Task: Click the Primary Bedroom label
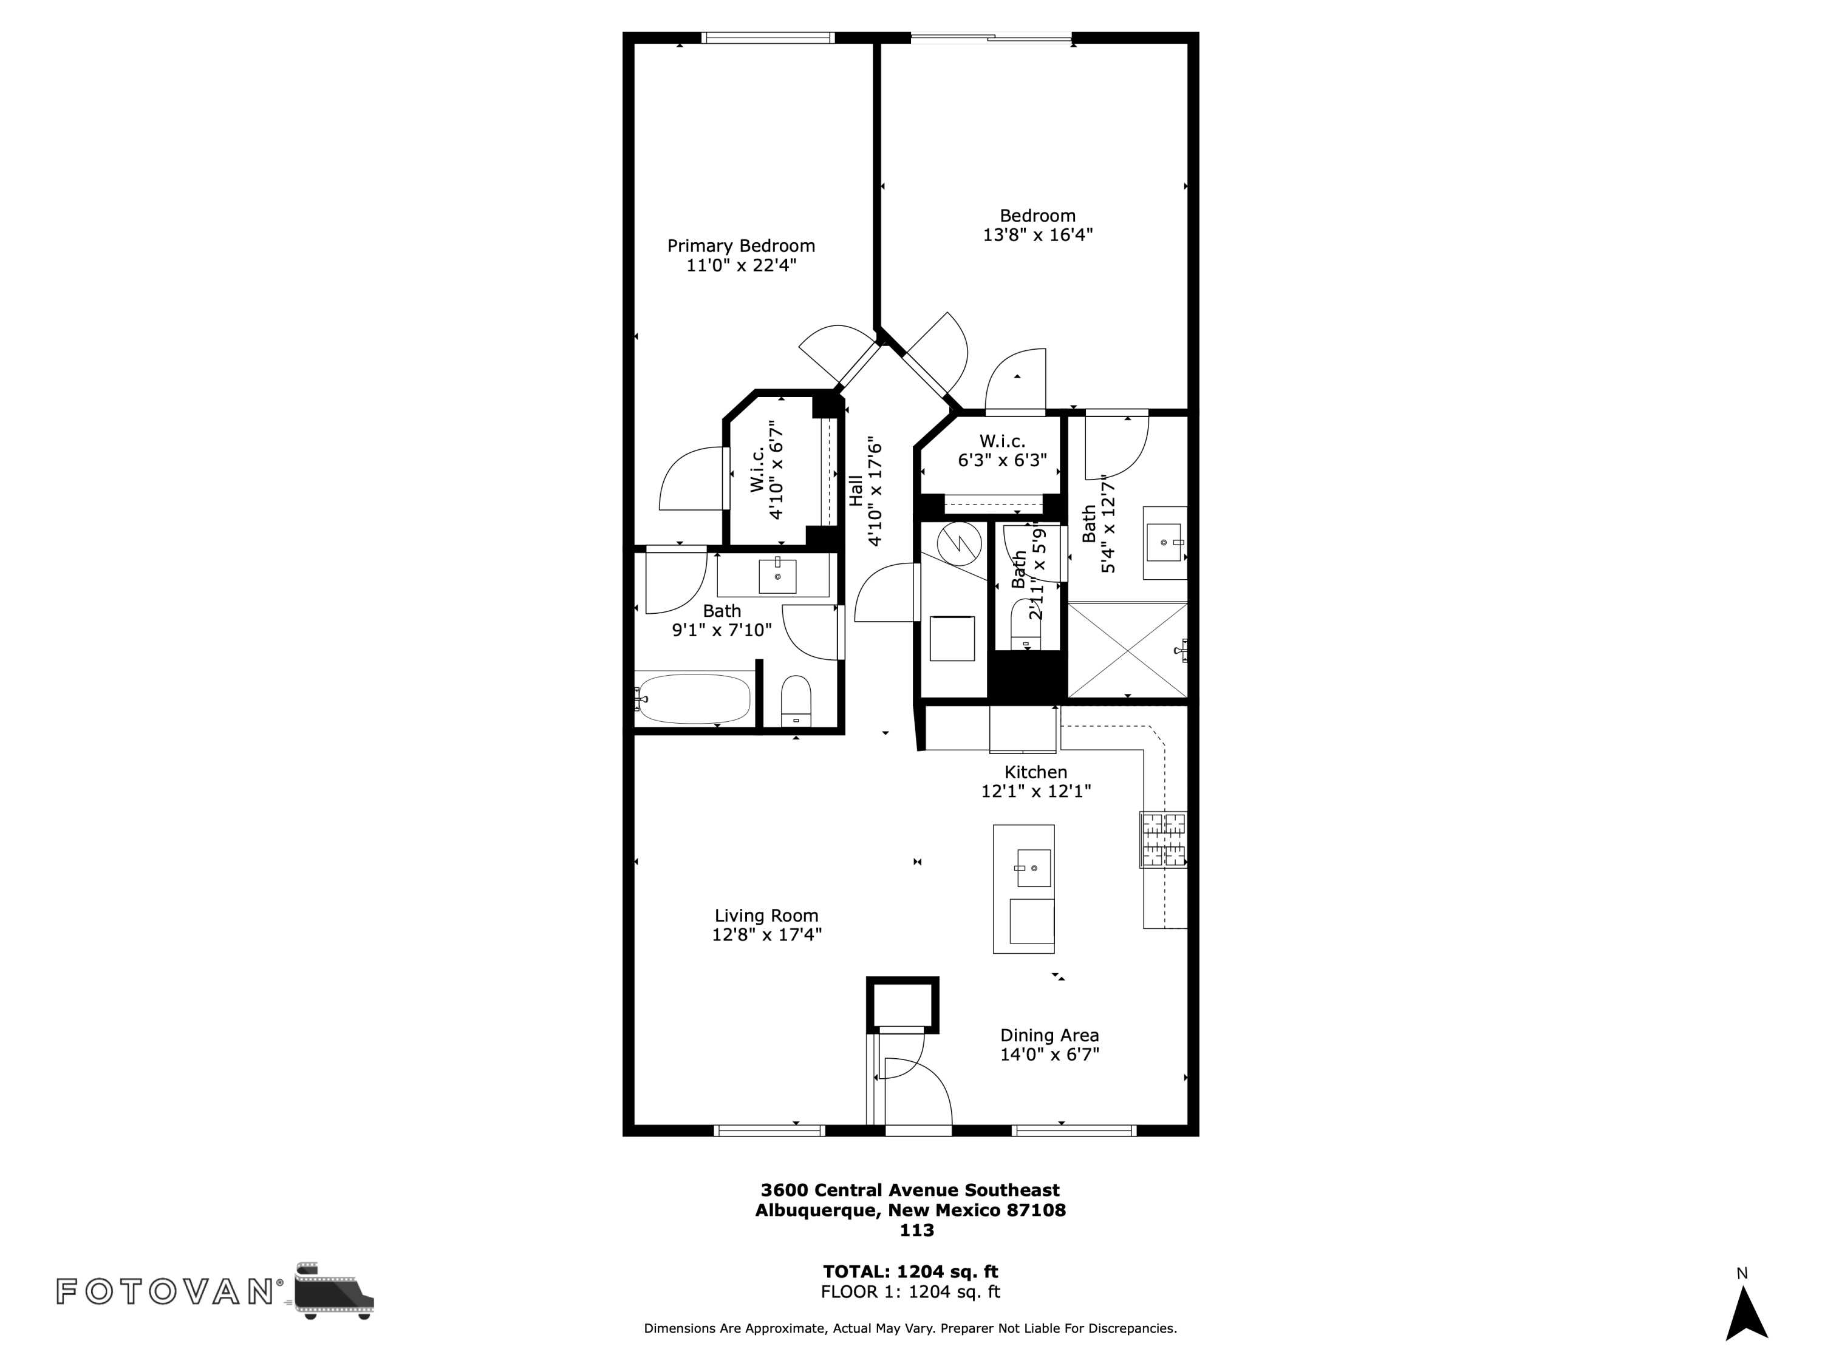(740, 245)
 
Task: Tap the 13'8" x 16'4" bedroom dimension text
(1037, 235)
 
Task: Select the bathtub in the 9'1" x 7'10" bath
(694, 699)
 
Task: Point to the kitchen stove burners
(1163, 839)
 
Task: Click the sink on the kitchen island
(1033, 868)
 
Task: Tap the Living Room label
(766, 915)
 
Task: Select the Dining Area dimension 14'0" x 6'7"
(1049, 1054)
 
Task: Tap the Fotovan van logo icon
(333, 1290)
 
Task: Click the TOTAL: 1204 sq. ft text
(910, 1271)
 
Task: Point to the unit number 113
(916, 1230)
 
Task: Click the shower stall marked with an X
(1127, 650)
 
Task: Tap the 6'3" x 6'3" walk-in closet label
(1001, 460)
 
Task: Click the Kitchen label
(1036, 772)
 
